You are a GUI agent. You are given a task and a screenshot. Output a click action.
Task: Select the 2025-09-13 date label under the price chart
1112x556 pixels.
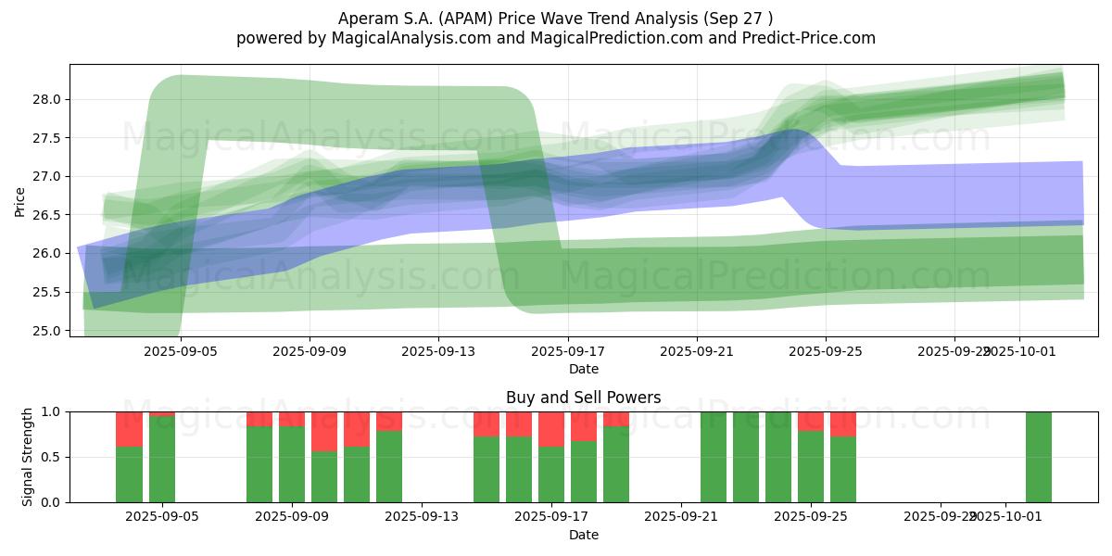(438, 352)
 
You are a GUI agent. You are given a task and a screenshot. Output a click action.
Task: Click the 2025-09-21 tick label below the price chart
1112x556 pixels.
(697, 352)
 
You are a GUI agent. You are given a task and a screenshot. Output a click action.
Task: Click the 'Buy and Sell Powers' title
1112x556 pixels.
(583, 398)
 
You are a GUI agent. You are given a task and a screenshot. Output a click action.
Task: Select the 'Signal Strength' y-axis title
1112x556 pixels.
(28, 457)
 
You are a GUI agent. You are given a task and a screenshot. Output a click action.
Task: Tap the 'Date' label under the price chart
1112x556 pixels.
(583, 369)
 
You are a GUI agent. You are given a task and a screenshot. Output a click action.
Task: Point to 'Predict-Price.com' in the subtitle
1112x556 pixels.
(813, 38)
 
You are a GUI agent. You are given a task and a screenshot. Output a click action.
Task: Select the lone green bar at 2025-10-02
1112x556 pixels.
(1038, 457)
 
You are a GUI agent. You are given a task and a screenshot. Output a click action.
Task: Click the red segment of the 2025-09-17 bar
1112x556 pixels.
(551, 429)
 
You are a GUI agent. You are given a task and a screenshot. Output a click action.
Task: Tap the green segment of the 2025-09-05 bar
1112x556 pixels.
(162, 460)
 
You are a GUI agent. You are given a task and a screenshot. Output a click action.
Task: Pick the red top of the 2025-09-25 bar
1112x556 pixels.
(811, 421)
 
